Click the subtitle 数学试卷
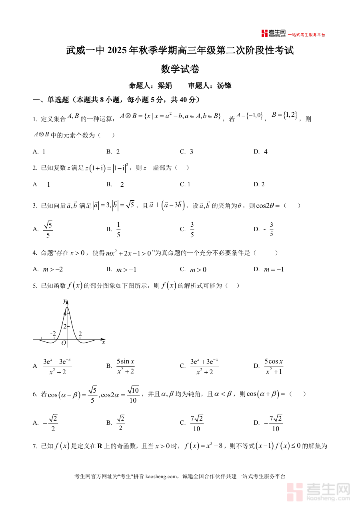180,69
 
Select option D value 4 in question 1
266,152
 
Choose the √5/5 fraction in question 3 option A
48,229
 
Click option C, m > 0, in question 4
198,269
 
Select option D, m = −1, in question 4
274,269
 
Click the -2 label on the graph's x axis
53,333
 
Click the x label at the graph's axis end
103,342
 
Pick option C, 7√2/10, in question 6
197,423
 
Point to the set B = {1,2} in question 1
284,115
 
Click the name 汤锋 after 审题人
224,86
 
